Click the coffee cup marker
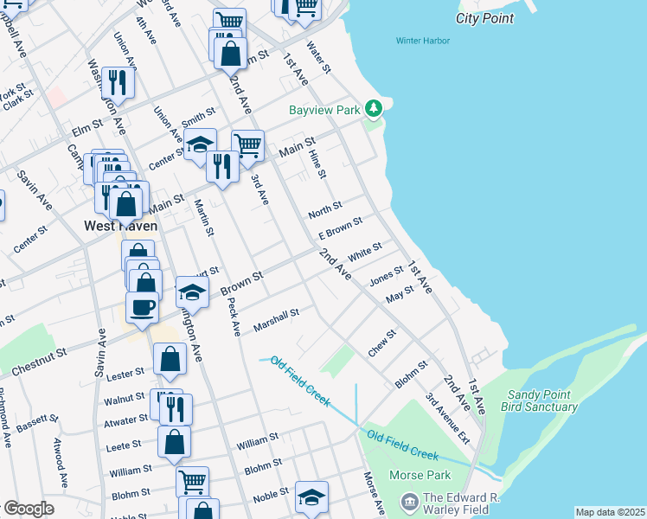[x=142, y=306]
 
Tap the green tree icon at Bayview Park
[x=374, y=109]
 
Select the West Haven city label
[x=120, y=226]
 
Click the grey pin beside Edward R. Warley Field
[x=410, y=501]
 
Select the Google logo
[x=28, y=509]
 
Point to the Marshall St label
[x=276, y=320]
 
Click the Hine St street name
[x=317, y=163]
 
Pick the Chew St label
[x=381, y=343]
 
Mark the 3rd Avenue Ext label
[x=447, y=420]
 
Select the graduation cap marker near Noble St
[x=311, y=497]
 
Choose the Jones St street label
[x=387, y=276]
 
